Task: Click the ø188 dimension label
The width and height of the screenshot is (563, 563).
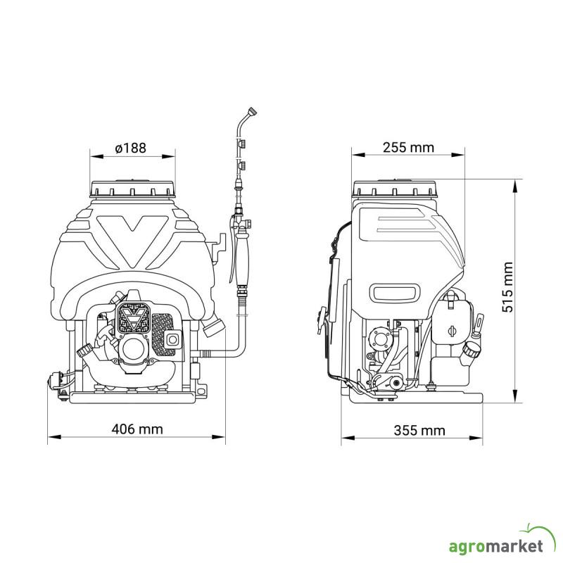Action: pyautogui.click(x=131, y=148)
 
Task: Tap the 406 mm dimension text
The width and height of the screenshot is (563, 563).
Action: pyautogui.click(x=137, y=429)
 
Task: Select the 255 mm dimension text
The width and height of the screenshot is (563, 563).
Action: pyautogui.click(x=408, y=147)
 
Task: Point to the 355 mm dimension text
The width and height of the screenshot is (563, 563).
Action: pyautogui.click(x=419, y=430)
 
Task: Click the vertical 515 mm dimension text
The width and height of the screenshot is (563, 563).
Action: pyautogui.click(x=508, y=287)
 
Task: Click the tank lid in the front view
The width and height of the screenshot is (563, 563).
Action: pyautogui.click(x=133, y=189)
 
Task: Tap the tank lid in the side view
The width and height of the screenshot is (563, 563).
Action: pyautogui.click(x=395, y=189)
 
